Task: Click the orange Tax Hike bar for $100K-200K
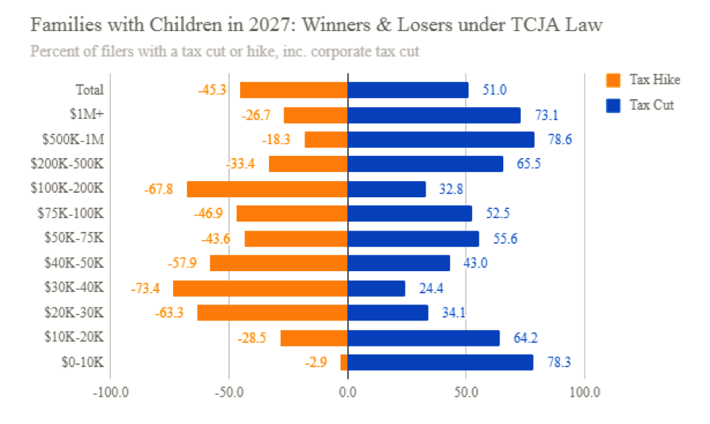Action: point(267,189)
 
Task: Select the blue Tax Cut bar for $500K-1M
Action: point(440,140)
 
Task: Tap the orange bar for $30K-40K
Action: point(260,288)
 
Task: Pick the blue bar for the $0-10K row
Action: point(440,363)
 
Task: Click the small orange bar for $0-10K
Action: point(344,363)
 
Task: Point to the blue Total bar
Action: point(408,90)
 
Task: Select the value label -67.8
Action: point(159,189)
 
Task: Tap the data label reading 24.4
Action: point(432,288)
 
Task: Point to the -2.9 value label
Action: point(315,363)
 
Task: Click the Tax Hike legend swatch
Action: point(612,80)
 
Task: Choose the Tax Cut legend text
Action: point(651,105)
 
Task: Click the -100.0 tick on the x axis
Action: point(110,391)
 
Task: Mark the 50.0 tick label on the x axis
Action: point(465,391)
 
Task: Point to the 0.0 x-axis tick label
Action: point(347,391)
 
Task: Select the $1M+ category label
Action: point(89,114)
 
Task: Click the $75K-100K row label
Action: point(70,213)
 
